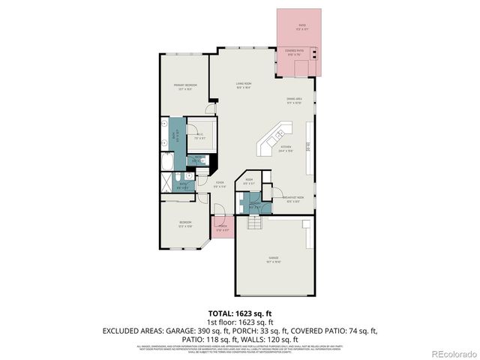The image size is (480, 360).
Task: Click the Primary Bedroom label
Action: [186, 87]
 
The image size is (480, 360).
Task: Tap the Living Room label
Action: [243, 85]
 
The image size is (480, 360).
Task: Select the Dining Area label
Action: [293, 100]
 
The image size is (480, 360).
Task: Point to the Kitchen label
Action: [286, 148]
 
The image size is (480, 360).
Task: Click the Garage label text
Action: [273, 260]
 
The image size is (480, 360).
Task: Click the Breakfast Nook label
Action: [293, 199]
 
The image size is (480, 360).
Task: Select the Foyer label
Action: [220, 184]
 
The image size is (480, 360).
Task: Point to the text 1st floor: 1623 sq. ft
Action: [239, 320]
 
